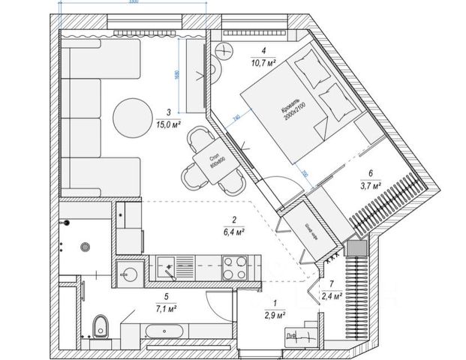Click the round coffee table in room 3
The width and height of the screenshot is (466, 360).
point(132,116)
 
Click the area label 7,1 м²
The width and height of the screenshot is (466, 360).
point(166,307)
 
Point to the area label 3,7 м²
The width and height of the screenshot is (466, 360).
point(370,184)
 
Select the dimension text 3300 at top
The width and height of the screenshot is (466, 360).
point(134,2)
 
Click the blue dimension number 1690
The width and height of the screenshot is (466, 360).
point(176,73)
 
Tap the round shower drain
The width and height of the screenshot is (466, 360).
point(87,244)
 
